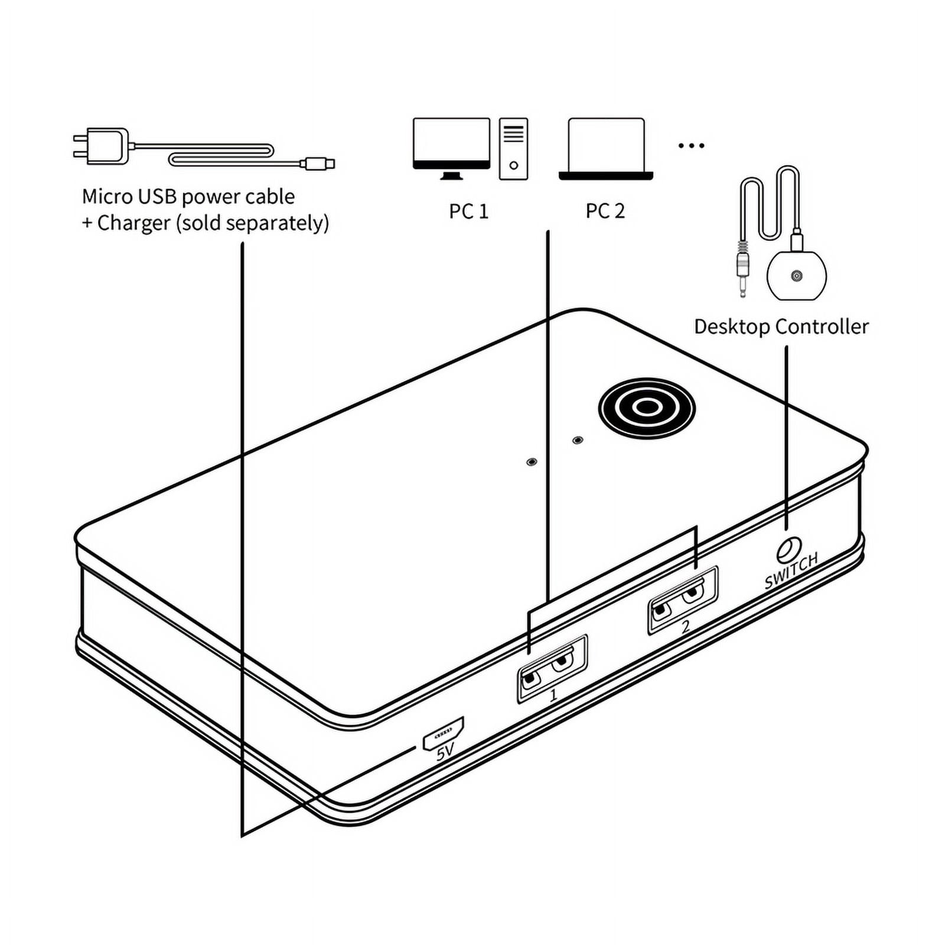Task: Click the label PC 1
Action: click(x=468, y=211)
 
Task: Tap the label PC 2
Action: click(x=605, y=211)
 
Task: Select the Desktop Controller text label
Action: click(x=781, y=327)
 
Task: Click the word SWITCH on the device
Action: click(x=791, y=570)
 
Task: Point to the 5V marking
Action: click(x=445, y=751)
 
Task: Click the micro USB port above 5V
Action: click(x=443, y=734)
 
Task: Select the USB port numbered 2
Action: click(x=683, y=599)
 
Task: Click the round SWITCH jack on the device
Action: click(x=788, y=550)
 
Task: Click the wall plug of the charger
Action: click(x=101, y=146)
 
